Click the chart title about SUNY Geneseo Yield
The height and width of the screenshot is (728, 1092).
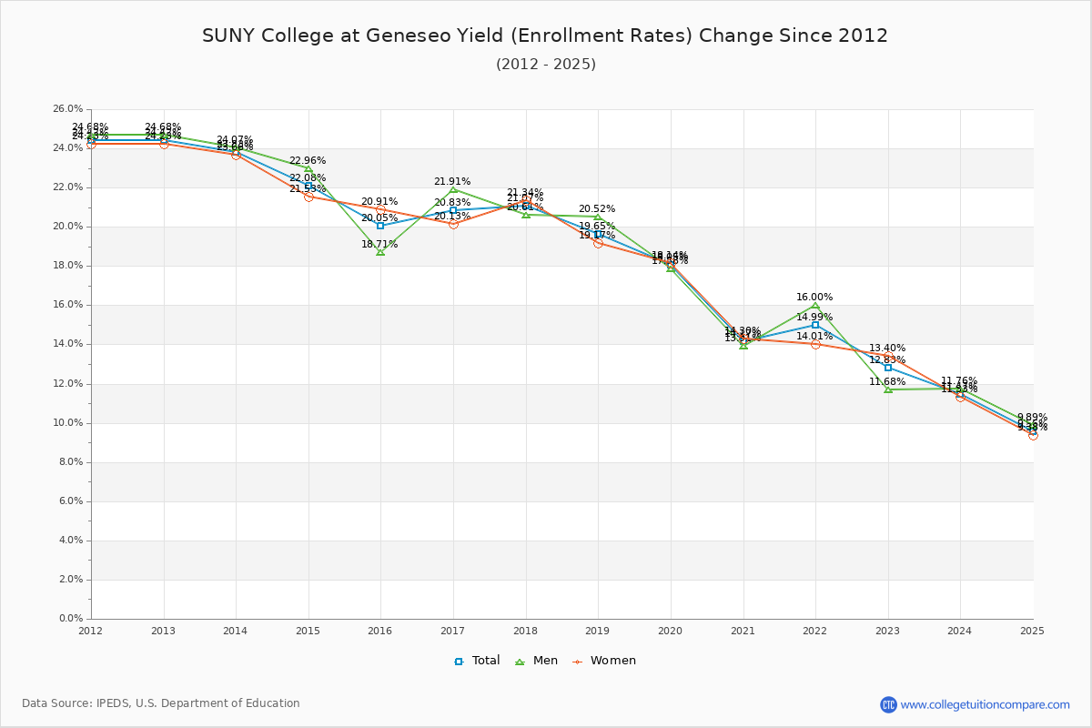pos(545,35)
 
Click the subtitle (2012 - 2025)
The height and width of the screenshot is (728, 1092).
pos(545,64)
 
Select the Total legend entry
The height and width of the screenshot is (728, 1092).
pos(477,661)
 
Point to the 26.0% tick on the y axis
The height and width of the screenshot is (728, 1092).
pos(68,109)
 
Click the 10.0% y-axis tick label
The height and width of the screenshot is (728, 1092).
pos(68,423)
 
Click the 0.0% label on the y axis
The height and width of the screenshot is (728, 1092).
pos(71,619)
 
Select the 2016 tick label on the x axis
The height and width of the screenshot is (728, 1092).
pos(380,631)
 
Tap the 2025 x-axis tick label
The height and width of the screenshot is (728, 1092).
pos(1032,631)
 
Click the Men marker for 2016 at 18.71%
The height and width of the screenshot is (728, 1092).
pos(380,251)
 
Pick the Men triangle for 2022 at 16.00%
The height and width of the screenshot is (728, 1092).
pos(815,305)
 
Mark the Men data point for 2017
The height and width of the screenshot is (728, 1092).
pos(453,189)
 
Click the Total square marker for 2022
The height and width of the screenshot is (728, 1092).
pos(815,325)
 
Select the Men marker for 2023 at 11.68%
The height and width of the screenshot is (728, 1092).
pos(888,389)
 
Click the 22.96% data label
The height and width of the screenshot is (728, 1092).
pos(308,161)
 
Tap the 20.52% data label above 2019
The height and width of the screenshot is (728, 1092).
pos(597,209)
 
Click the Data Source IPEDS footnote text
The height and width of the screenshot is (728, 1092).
pos(161,703)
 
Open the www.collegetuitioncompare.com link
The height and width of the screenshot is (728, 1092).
pos(985,704)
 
